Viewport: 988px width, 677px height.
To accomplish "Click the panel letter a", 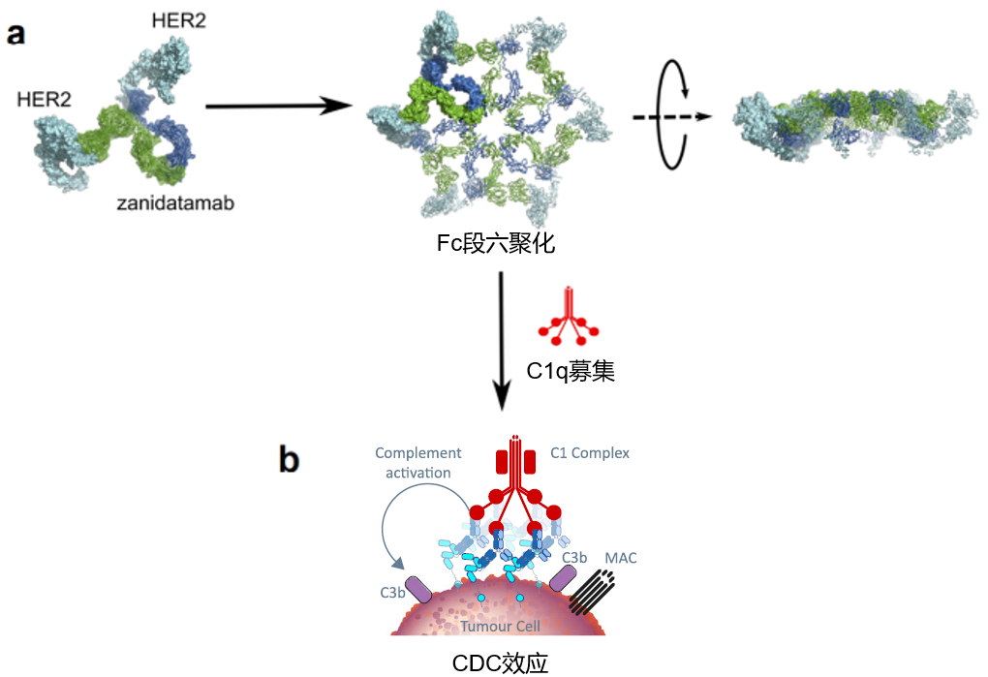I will tap(16, 36).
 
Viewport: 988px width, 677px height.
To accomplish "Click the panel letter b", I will tap(289, 458).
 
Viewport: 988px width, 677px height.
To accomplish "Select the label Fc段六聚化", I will tap(495, 243).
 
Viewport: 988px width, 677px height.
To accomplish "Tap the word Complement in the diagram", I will tap(417, 453).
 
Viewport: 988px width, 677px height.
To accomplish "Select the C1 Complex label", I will tap(589, 453).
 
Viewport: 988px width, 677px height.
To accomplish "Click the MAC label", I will tap(620, 559).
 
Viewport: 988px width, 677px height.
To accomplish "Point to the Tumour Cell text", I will tap(500, 626).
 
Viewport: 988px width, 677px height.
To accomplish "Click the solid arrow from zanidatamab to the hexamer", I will tap(276, 105).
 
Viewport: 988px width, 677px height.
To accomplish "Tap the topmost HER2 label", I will tap(178, 20).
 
